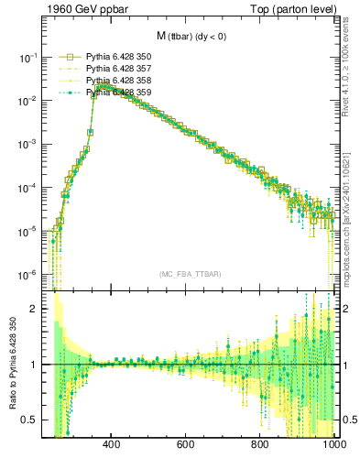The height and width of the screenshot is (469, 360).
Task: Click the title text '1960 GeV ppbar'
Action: point(75,9)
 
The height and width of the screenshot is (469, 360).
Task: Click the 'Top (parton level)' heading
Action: point(293,9)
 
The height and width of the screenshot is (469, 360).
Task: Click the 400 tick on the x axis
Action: point(112,444)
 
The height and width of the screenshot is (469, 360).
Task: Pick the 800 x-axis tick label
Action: point(260,444)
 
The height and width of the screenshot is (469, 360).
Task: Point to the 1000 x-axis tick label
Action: point(332,444)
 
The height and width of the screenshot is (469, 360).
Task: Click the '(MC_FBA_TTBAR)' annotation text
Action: point(190,275)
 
